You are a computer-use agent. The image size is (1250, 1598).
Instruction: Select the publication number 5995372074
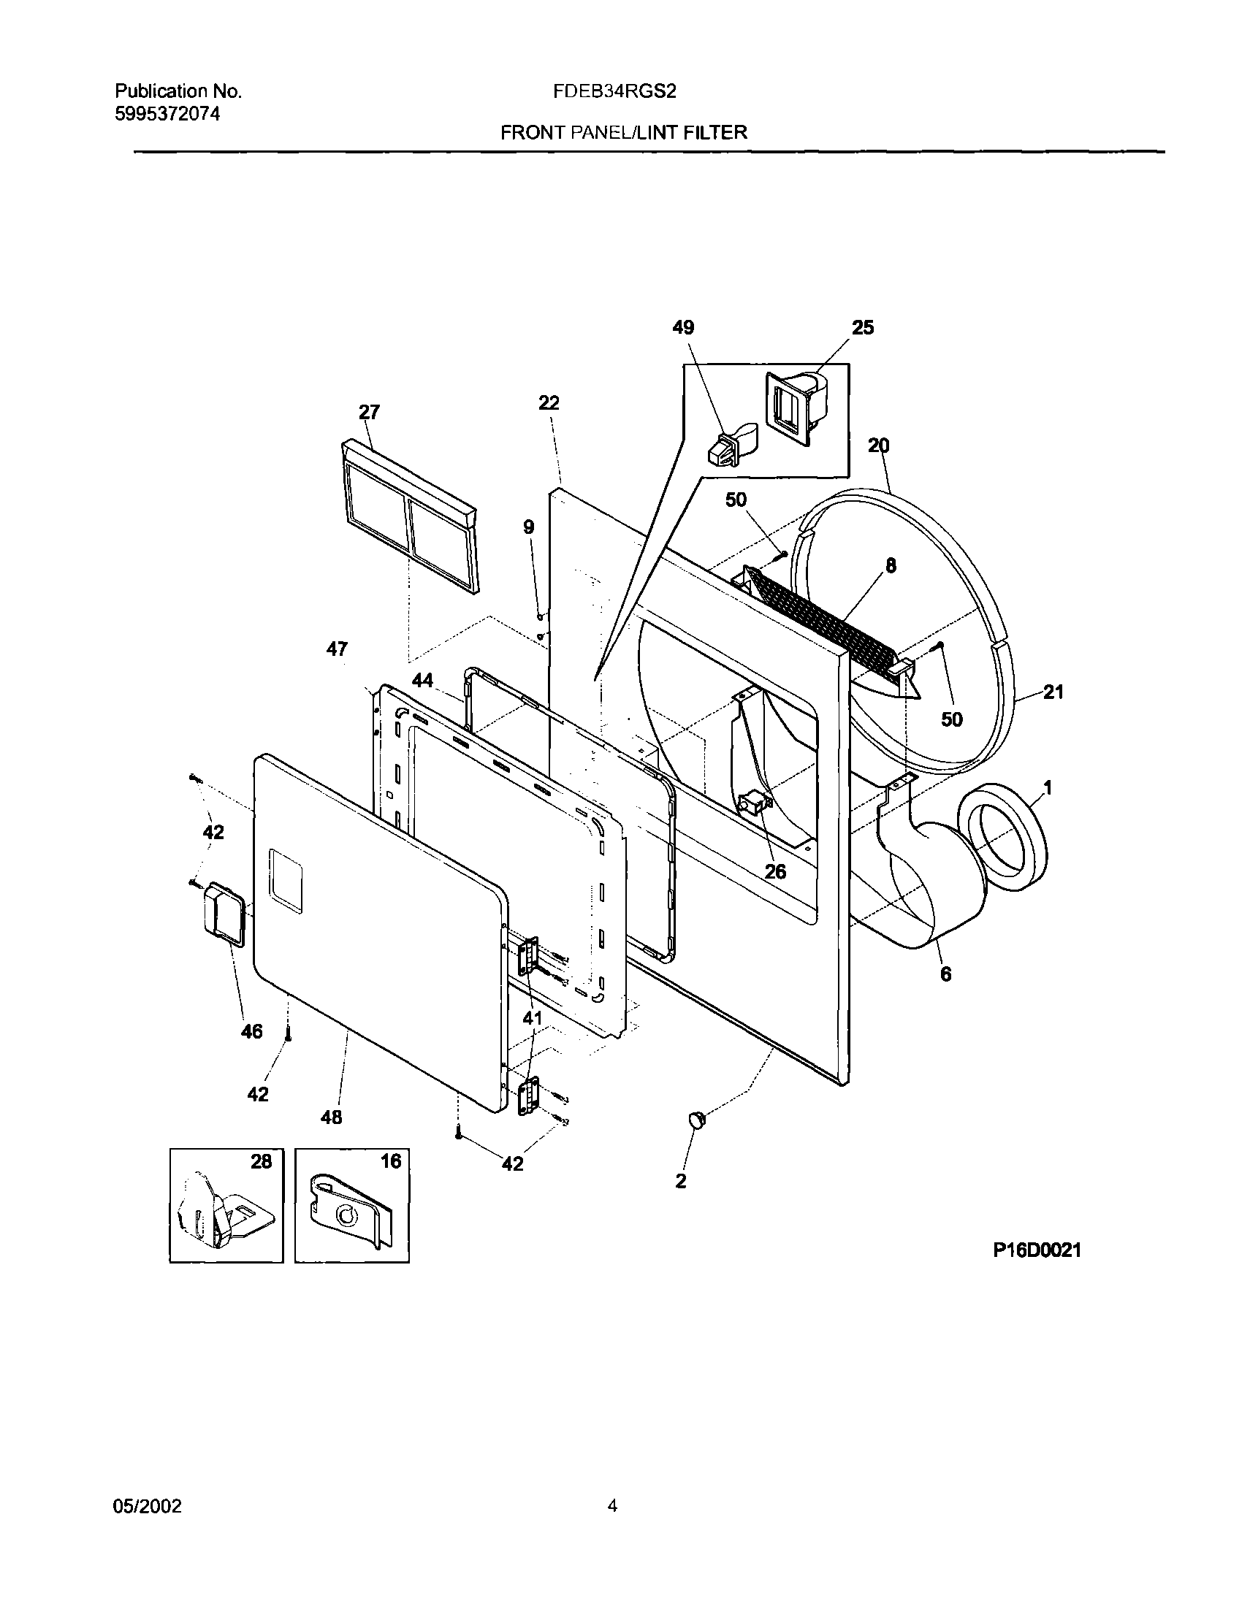(167, 114)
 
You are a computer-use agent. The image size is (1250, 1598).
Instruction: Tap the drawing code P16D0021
(1036, 1250)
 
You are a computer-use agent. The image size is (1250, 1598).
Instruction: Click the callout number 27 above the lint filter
(369, 413)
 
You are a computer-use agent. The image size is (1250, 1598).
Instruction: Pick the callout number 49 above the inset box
(683, 328)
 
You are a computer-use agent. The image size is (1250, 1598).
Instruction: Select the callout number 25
(863, 328)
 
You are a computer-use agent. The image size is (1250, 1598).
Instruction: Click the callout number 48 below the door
(331, 1117)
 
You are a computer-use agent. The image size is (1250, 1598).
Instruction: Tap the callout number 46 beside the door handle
(251, 1032)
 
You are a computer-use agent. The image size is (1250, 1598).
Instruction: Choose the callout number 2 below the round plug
(681, 1181)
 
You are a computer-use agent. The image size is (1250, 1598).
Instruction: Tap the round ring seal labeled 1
(1004, 838)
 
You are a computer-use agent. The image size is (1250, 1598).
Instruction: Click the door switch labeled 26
(755, 806)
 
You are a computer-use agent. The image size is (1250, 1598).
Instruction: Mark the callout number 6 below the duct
(945, 974)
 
